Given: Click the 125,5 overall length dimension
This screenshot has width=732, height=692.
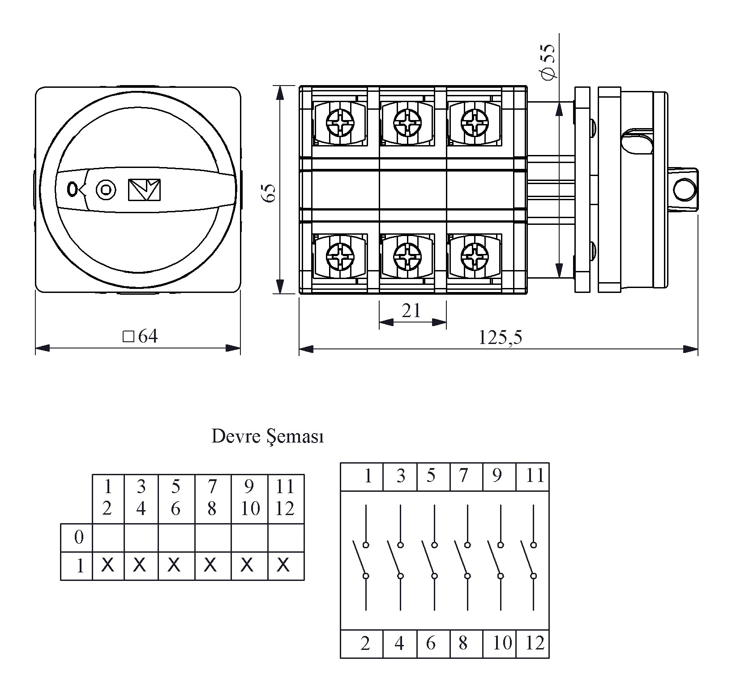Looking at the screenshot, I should click(x=500, y=337).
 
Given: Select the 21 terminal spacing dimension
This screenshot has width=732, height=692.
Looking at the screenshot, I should click(x=411, y=310).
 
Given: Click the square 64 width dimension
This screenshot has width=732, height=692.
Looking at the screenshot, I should click(x=141, y=336).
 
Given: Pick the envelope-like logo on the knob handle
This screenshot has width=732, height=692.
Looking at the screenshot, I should click(x=144, y=190).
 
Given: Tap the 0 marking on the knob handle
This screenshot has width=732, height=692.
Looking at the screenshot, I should click(x=71, y=189).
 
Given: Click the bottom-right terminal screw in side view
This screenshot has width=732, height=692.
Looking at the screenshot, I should click(x=474, y=257).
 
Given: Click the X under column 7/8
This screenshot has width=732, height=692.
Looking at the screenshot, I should click(x=210, y=565).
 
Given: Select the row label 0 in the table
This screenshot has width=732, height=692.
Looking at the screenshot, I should click(x=79, y=537).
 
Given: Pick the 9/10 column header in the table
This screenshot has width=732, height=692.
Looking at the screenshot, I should click(x=249, y=497).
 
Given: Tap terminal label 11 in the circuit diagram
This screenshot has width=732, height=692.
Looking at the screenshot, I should click(x=535, y=476).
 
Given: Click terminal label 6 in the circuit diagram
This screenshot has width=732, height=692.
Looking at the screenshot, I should click(x=431, y=644).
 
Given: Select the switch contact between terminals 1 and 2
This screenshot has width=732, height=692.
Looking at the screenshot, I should click(x=362, y=560).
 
